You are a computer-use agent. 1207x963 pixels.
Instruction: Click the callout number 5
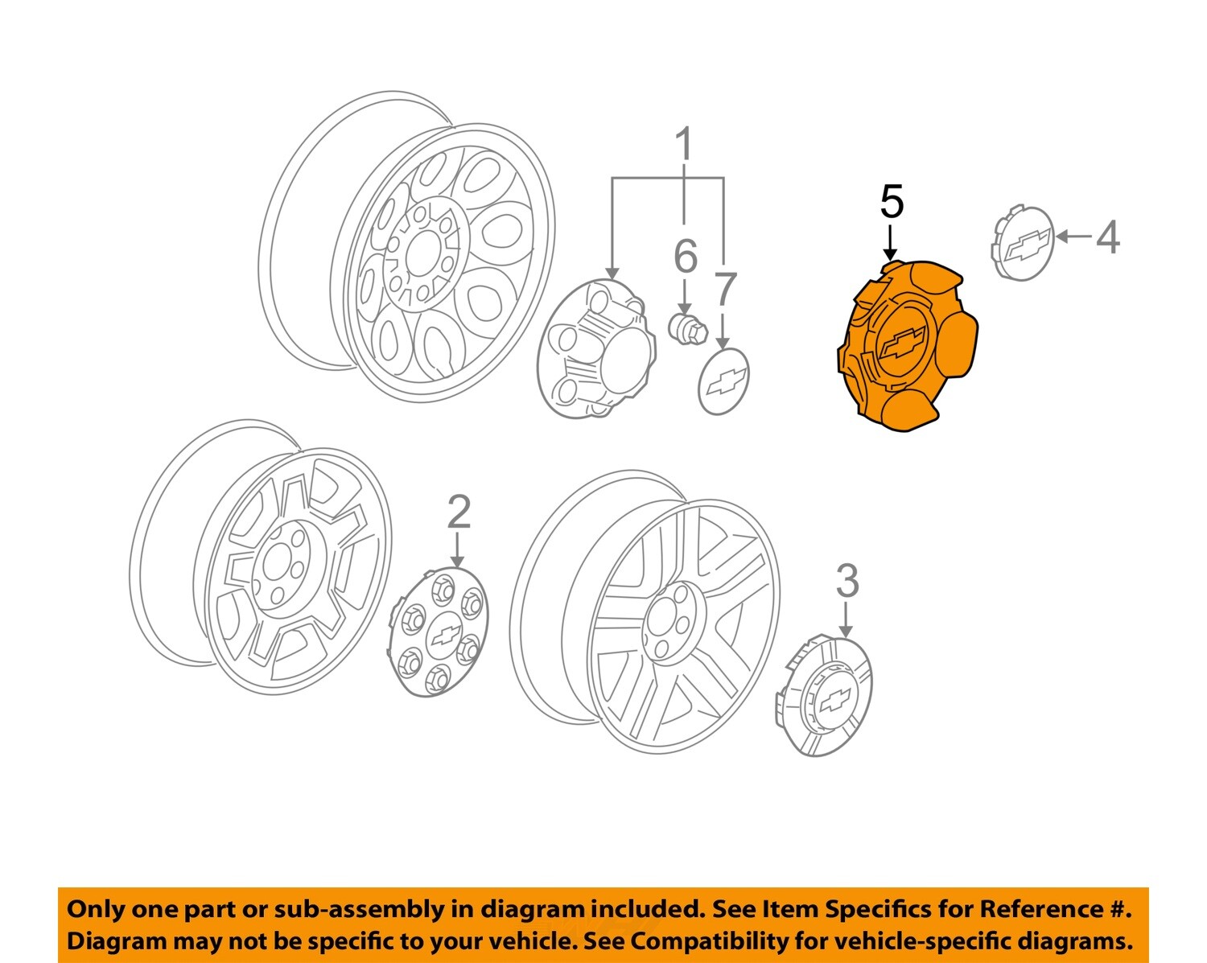[892, 202]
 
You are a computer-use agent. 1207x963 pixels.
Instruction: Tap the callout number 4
[1108, 237]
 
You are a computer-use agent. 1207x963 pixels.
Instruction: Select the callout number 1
[683, 146]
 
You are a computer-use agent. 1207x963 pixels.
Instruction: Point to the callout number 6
[685, 257]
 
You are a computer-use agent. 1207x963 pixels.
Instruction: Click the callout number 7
[725, 290]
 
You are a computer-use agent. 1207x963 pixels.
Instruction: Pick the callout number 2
[458, 512]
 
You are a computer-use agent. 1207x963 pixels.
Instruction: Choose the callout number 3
[847, 581]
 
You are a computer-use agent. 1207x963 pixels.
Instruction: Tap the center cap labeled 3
[826, 696]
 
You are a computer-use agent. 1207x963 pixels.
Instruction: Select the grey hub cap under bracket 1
[591, 348]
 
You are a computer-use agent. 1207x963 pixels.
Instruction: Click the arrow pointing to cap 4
[1073, 237]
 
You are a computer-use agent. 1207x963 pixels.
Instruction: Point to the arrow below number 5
[891, 241]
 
